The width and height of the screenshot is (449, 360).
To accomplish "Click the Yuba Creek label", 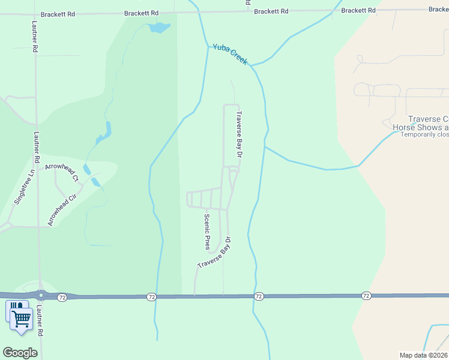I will point(230,54).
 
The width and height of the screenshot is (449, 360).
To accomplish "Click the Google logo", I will point(20,353).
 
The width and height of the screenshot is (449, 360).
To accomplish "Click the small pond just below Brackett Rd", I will point(160,27).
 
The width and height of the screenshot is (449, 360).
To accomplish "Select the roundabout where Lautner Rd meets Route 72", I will point(41,295).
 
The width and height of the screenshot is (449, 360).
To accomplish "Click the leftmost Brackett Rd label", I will point(58,13).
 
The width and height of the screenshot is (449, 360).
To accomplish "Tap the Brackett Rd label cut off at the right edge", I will point(438,10).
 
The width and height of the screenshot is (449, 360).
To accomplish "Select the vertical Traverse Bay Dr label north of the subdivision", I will point(239,134).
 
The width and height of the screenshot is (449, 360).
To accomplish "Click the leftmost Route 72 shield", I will point(62,297).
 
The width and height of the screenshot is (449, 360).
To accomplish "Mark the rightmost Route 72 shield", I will point(366,296).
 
